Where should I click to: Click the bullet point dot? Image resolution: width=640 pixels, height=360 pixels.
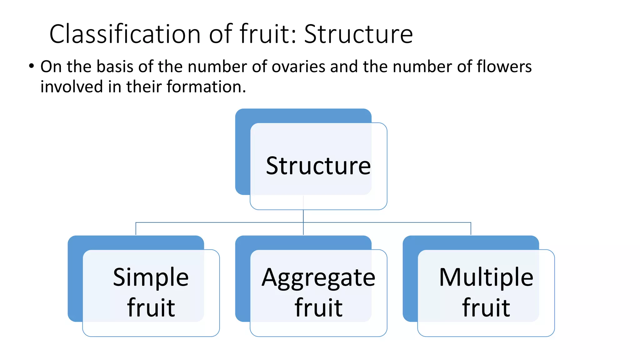tap(31, 66)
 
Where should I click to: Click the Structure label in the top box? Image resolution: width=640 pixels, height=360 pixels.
tap(318, 166)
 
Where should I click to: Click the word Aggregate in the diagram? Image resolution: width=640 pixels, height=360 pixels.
tap(318, 278)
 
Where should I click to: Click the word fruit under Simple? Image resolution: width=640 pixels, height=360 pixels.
tap(151, 307)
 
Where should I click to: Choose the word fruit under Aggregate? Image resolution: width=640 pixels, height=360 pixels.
tap(318, 307)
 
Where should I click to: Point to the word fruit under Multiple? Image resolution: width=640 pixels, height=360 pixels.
tap(486, 307)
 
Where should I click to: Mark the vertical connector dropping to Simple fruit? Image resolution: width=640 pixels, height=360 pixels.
tap(136, 229)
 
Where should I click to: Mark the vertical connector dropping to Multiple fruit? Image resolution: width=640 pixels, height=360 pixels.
tap(471, 229)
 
